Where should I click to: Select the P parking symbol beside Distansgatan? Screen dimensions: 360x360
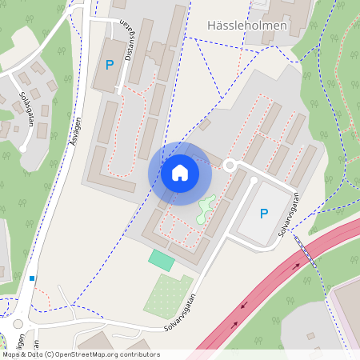point(109,64)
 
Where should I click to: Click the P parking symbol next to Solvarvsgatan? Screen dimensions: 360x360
point(263,214)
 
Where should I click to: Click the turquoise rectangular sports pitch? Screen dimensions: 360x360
point(161,260)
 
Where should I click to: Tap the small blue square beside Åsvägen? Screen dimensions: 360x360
point(32,278)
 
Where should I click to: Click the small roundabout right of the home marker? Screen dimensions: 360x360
point(231,165)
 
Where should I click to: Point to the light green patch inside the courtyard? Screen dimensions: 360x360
point(206,210)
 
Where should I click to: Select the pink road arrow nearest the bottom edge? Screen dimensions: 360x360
point(234,325)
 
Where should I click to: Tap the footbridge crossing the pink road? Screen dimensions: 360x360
point(305,251)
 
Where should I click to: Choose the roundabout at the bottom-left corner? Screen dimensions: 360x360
point(18,324)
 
